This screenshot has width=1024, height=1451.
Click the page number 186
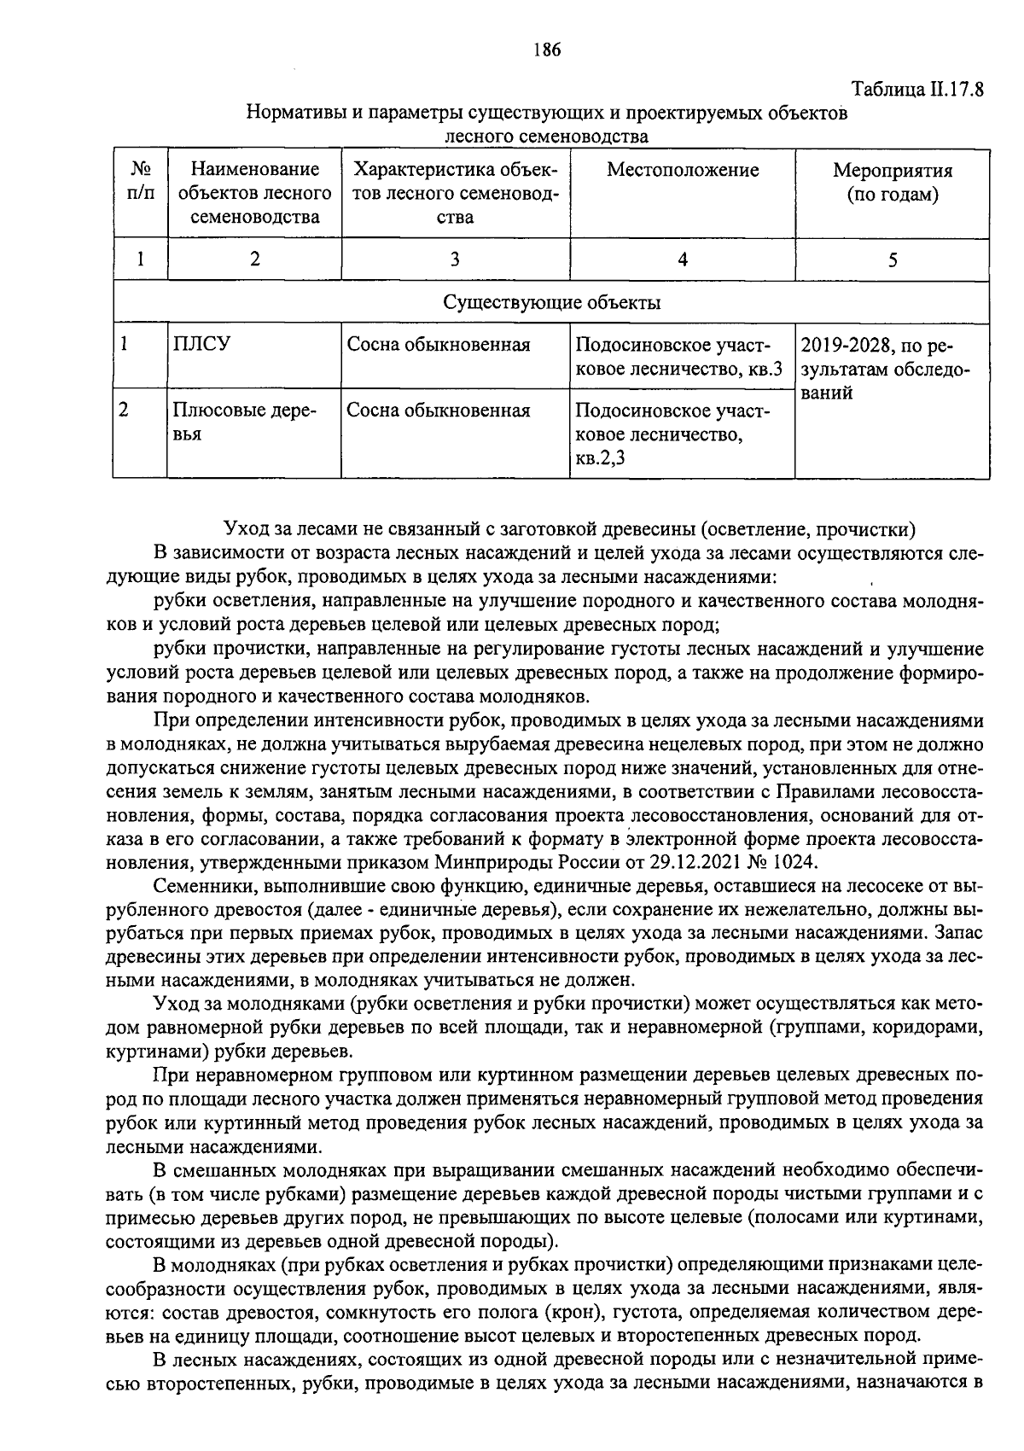coord(546,50)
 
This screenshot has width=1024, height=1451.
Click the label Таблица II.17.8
coord(917,90)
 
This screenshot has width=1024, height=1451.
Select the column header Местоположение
coord(682,170)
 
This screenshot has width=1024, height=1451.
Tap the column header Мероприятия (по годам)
coord(892,183)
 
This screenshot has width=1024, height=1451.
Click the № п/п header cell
coord(140,182)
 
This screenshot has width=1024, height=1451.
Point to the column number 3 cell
coord(455,259)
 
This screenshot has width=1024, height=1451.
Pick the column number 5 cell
coord(892,259)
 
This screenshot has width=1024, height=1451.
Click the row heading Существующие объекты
coord(551,303)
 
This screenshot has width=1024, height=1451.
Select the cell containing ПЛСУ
coord(201,345)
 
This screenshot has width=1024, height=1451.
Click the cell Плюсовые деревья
coord(244,422)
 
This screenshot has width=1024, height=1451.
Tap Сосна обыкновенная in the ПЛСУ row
coord(439,345)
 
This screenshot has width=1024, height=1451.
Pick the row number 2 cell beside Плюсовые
coord(125,410)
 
